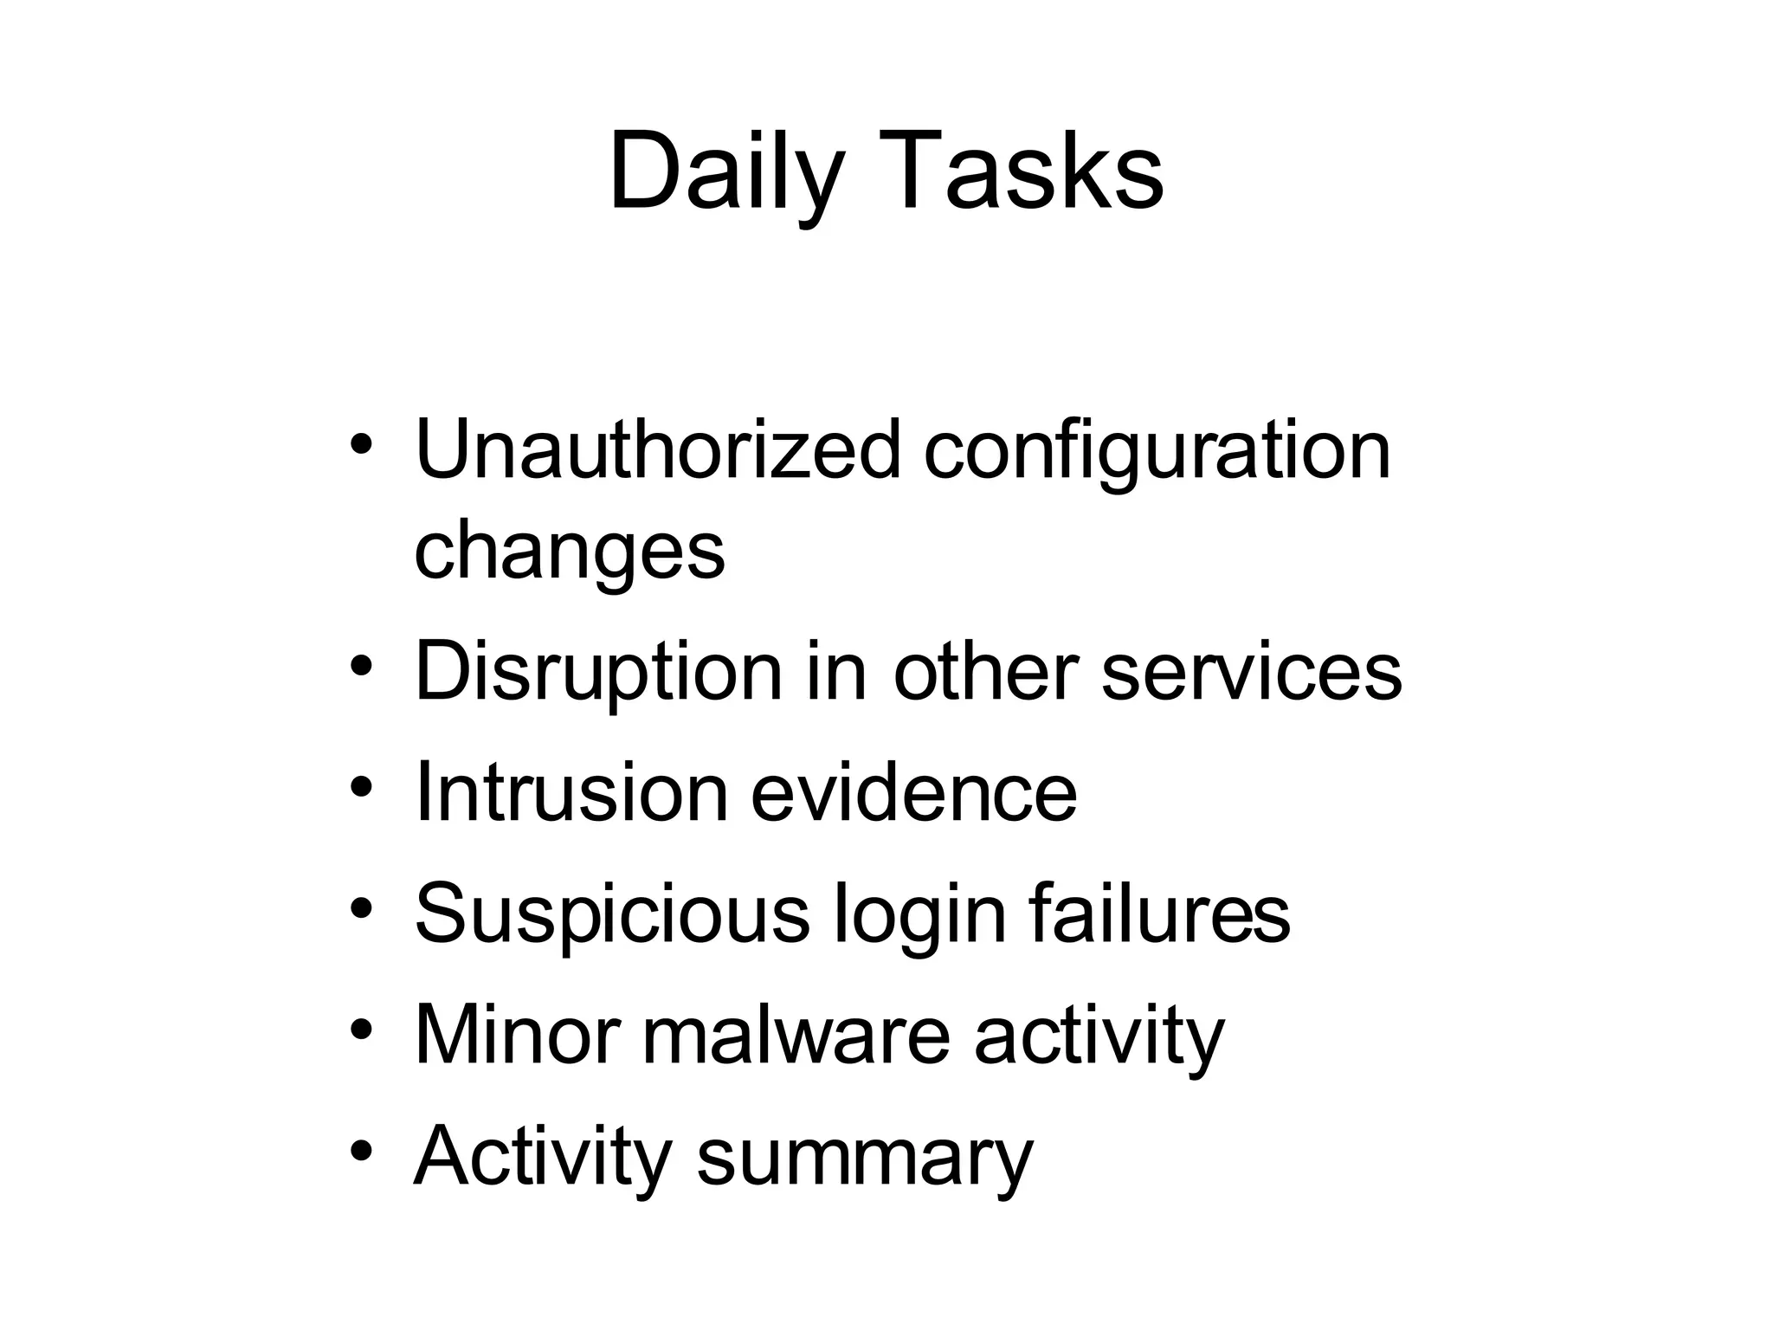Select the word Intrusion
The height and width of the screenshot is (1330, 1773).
pyautogui.click(x=571, y=793)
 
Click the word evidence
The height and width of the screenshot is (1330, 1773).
pyautogui.click(x=913, y=793)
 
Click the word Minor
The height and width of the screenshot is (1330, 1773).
pyautogui.click(x=517, y=1036)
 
